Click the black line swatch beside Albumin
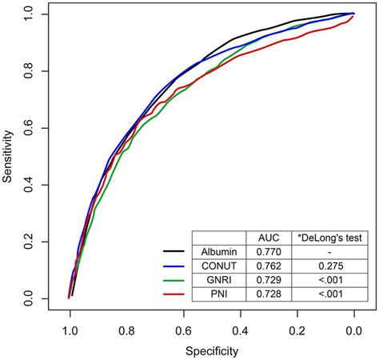[x=174, y=252]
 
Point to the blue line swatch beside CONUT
[x=174, y=266]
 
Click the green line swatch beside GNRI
[x=174, y=281]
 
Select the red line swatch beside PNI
[x=174, y=295]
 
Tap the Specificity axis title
[x=212, y=350]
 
